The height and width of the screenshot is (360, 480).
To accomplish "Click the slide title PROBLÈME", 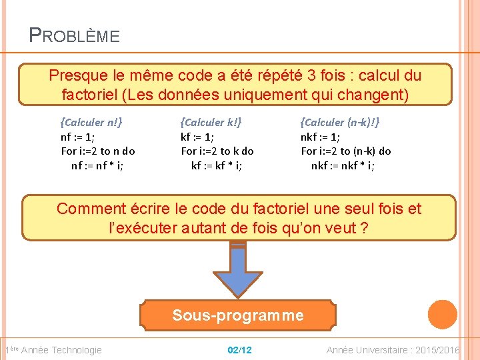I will click(75, 35).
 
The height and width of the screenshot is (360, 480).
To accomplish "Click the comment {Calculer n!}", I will click(91, 122).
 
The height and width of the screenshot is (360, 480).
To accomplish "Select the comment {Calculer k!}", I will click(211, 122).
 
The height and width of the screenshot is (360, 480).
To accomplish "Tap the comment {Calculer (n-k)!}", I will click(340, 122).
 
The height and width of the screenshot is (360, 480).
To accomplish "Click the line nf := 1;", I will click(77, 137).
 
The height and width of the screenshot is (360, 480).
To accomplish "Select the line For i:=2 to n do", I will click(98, 151).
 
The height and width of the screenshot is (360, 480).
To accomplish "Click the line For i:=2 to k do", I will click(217, 151).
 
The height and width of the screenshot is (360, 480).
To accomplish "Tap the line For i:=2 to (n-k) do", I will click(346, 151).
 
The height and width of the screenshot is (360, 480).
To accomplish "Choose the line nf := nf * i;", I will click(97, 165).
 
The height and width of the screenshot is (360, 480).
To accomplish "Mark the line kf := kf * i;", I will click(216, 165).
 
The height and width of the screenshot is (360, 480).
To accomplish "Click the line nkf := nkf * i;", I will click(343, 165).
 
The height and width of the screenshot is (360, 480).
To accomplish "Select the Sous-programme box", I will click(237, 315).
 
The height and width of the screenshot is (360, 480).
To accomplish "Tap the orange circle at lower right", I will click(442, 315).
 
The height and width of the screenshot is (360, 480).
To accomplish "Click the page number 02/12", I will click(239, 350).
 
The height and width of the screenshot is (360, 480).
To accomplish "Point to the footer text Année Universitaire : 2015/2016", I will click(393, 350).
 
